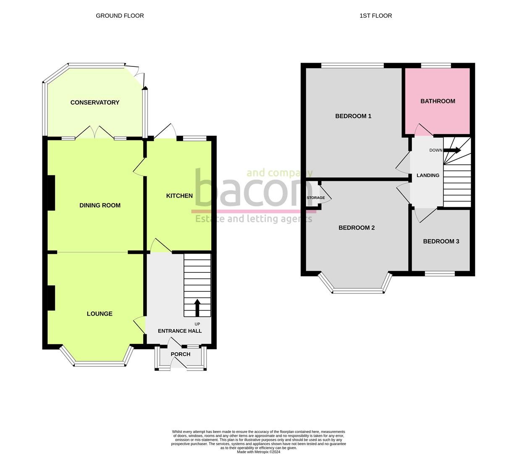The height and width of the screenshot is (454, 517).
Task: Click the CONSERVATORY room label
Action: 95,103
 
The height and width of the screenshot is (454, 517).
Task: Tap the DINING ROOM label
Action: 100,206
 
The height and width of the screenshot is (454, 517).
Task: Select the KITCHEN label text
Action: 179,196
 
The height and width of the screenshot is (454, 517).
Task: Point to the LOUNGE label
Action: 100,314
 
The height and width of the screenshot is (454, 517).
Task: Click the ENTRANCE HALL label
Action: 180,331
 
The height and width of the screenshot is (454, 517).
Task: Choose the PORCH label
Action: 181,354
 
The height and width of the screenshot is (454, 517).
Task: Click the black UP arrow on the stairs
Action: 197,307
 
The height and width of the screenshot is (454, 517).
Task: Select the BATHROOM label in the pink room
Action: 438,101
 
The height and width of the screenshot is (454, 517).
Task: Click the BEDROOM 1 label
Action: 353,116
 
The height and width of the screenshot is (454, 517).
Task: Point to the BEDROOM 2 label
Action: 357,228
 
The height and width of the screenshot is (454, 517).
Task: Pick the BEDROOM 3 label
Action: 441,241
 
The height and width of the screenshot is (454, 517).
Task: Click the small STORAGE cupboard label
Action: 315,198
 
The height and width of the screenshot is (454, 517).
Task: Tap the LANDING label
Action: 428,175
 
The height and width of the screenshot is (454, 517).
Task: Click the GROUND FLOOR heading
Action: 120,16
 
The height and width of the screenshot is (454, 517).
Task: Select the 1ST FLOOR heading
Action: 375,16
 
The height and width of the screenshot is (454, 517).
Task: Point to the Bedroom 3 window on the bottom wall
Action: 440,274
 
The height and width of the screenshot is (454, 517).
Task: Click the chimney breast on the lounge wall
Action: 51,298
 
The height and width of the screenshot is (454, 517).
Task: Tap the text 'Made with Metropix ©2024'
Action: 258,452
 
